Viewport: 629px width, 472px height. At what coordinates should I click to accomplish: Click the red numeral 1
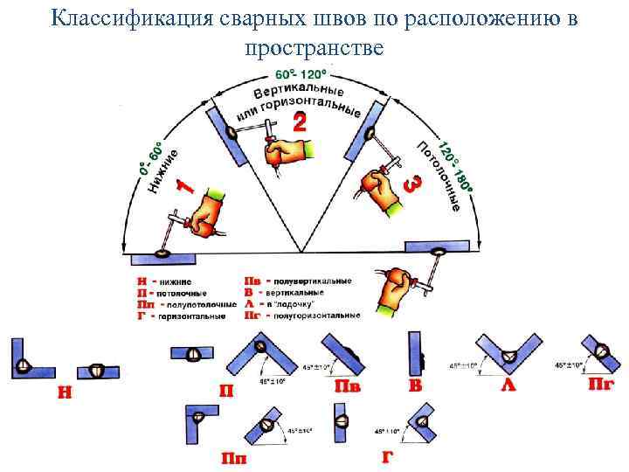184,186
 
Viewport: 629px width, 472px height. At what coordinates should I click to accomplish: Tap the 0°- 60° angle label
149,156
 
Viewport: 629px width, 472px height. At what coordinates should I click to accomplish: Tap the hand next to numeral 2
285,151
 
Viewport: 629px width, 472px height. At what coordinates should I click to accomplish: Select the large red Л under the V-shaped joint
508,385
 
